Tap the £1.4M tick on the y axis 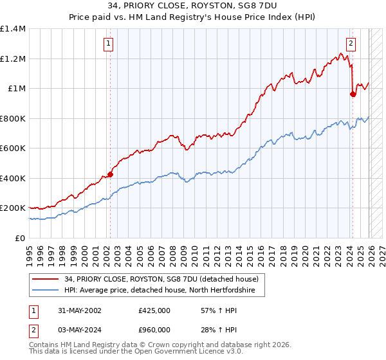(13, 29)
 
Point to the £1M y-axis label (17, 89)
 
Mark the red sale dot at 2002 (110, 174)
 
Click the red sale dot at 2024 (353, 94)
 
